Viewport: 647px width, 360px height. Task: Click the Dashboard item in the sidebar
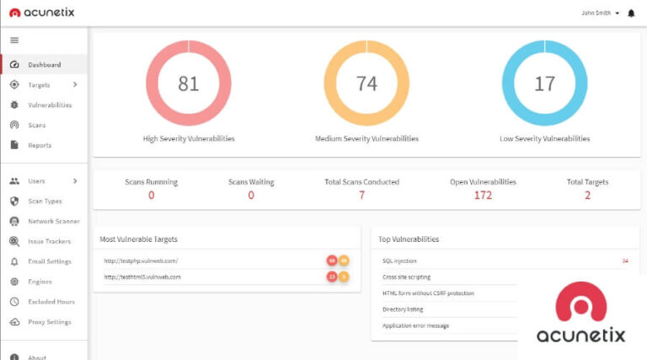tap(44, 65)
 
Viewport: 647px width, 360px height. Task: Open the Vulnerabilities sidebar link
tap(50, 105)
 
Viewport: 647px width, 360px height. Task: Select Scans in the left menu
tap(37, 125)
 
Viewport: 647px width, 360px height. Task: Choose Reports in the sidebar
tap(40, 145)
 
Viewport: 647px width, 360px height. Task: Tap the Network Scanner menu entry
tap(54, 221)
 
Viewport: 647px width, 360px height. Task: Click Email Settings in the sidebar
tap(50, 261)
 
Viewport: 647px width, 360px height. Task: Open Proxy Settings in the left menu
tap(50, 322)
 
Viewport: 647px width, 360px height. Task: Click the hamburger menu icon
tap(14, 40)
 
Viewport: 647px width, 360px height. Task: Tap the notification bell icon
tap(632, 13)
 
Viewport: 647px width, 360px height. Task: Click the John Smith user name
tap(598, 13)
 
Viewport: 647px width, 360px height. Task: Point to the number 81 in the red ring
tap(189, 83)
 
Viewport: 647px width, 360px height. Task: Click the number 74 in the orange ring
tap(366, 83)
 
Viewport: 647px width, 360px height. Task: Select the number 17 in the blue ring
tap(545, 83)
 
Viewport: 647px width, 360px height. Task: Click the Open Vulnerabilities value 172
tap(483, 196)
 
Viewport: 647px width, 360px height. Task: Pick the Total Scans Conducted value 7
tap(362, 196)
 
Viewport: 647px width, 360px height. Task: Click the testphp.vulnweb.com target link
tap(141, 261)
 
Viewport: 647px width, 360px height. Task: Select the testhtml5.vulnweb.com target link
tap(142, 277)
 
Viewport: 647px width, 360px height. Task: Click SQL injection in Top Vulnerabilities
tap(399, 261)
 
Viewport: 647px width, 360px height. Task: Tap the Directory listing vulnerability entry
tap(403, 309)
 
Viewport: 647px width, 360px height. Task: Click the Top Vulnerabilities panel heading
tap(409, 239)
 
